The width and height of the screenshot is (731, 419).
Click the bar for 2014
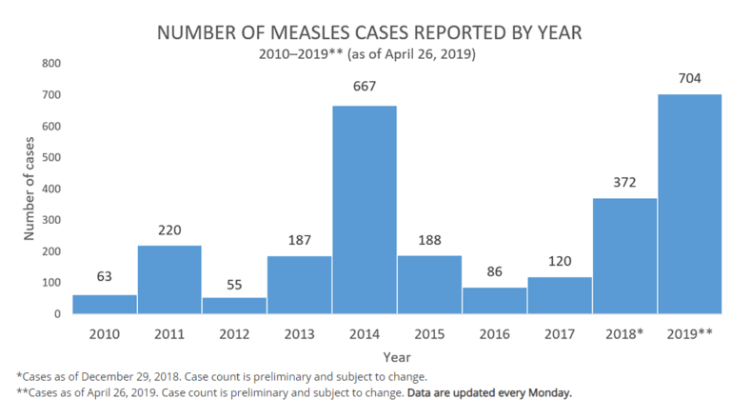click(x=365, y=209)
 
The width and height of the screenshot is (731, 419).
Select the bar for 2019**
click(x=689, y=204)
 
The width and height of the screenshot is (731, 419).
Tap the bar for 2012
click(x=234, y=305)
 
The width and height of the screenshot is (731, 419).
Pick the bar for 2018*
click(x=624, y=255)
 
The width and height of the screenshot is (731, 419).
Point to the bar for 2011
click(x=169, y=279)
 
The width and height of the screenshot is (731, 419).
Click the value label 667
click(x=365, y=87)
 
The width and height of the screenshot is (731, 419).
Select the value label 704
click(x=689, y=77)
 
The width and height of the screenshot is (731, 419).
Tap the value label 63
click(x=105, y=277)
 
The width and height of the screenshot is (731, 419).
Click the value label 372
click(x=624, y=181)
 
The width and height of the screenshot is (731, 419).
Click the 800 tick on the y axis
click(x=50, y=64)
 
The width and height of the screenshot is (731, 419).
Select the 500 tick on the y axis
click(x=50, y=158)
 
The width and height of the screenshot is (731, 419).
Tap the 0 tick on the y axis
click(x=57, y=314)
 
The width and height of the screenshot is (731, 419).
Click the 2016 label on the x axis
click(x=494, y=333)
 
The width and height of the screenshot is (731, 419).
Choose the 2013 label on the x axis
click(x=299, y=333)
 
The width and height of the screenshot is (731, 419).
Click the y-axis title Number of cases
click(x=29, y=189)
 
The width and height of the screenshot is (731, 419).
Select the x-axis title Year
click(x=397, y=356)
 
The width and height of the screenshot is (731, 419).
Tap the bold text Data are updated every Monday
click(x=489, y=392)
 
